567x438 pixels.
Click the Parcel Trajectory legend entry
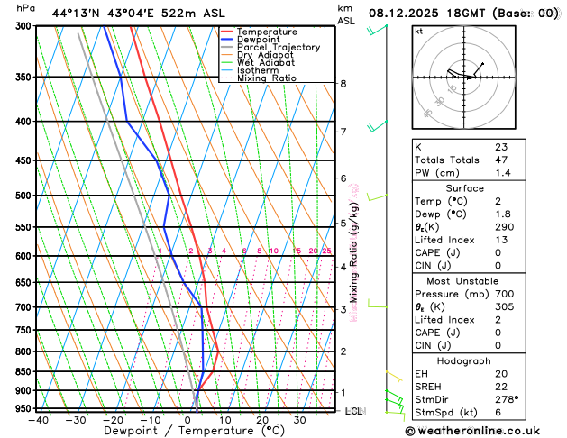click(279, 47)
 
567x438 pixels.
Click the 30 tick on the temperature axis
click(299, 420)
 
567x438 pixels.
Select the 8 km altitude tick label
click(343, 84)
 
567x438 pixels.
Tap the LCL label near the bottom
click(353, 411)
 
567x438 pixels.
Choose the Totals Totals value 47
click(501, 159)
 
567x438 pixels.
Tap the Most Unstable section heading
click(463, 280)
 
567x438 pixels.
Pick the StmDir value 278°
click(506, 398)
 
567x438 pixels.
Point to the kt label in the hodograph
click(419, 31)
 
